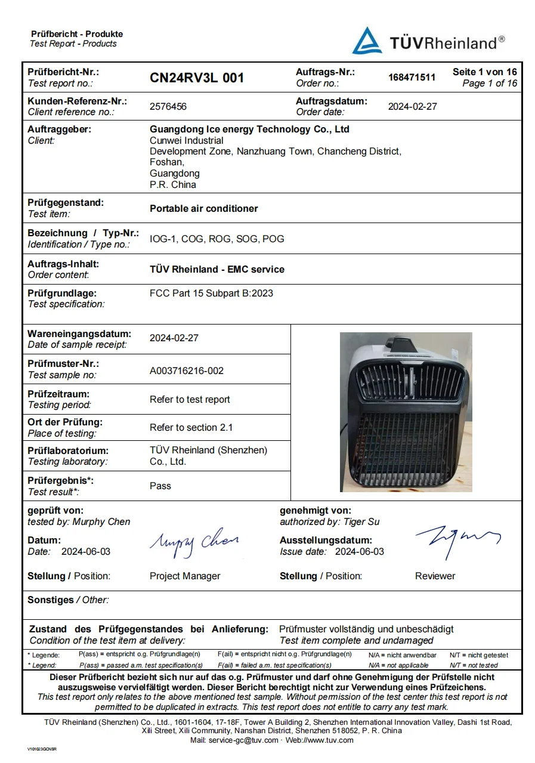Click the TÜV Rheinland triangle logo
coord(367,41)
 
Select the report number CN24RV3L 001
coord(197,78)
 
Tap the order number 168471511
coord(412,78)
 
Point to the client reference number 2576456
coord(168,107)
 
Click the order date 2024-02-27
coord(412,107)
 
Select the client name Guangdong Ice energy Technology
coord(249,129)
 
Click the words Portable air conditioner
coord(204,209)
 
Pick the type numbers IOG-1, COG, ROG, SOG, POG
coord(217,239)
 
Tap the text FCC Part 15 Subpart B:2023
coord(211,294)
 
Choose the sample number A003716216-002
coord(187,371)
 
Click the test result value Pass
coord(160,486)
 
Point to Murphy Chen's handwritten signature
coord(194,543)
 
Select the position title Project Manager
coord(185,576)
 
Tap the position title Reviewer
coord(435,576)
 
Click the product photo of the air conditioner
coord(406,412)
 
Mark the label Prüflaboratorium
coord(68,451)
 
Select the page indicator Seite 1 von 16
coord(484,72)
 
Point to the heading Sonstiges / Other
coord(68,600)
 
